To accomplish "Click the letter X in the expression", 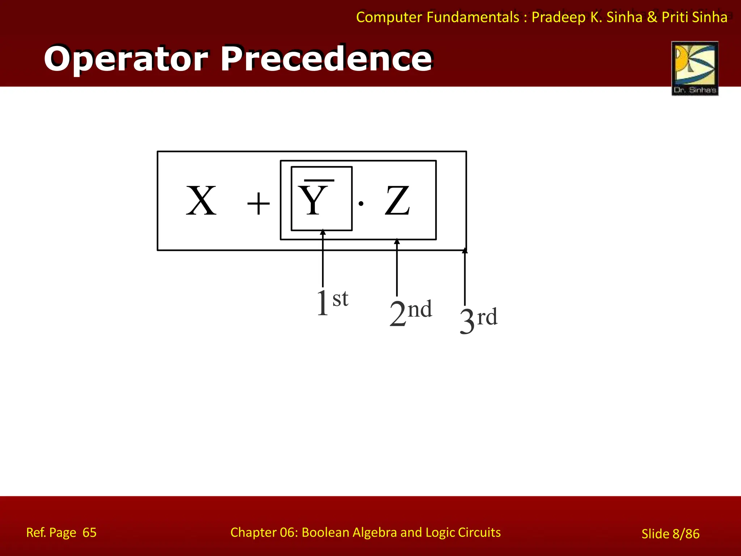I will tap(201, 201).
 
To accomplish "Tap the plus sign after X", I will tap(258, 204).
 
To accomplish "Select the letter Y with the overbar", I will tap(313, 201).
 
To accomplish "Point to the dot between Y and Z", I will tap(361, 204).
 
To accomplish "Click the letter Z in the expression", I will tap(397, 201).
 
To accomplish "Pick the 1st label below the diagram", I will tap(332, 302).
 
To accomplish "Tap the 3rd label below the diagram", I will tap(478, 320).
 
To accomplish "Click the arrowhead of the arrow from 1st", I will tap(323, 232).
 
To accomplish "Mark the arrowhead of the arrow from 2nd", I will tap(397, 241).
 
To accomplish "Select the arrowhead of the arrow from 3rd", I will tap(465, 250).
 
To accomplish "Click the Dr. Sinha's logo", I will tap(695, 68).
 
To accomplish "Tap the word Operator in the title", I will tap(126, 59).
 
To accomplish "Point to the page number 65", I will tap(89, 532).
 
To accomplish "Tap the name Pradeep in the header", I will tap(558, 17).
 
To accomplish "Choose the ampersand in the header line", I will tap(652, 17).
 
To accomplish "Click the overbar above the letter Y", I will tap(319, 180).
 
